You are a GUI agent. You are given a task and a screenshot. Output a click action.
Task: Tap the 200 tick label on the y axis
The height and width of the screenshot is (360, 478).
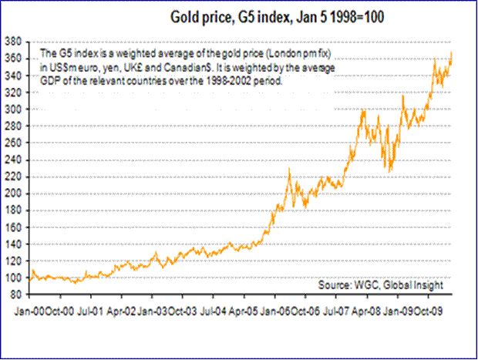pyautogui.click(x=15, y=193)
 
